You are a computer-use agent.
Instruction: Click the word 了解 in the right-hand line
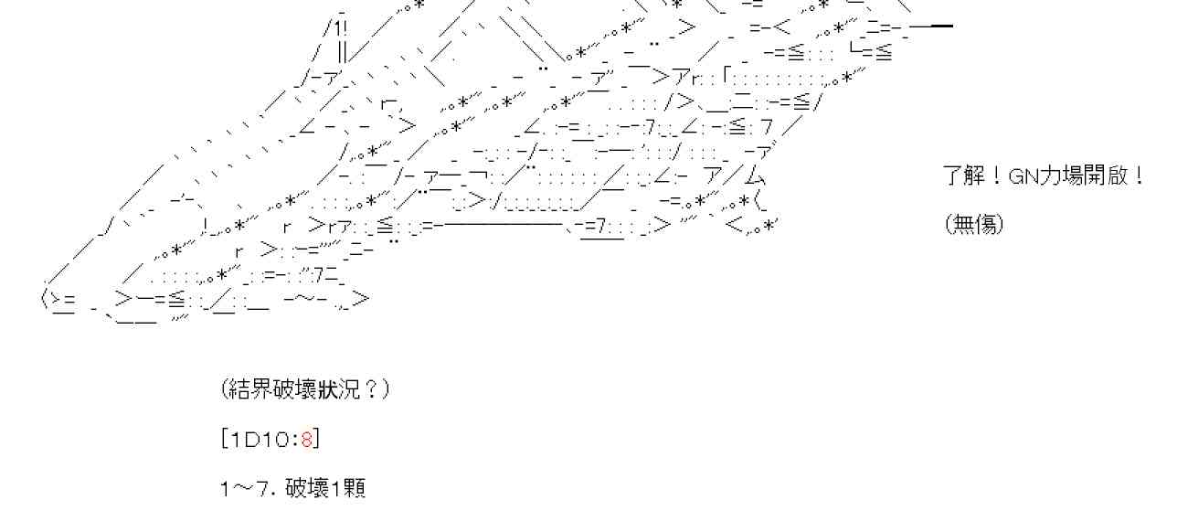[x=964, y=175]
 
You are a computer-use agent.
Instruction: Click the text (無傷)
[x=974, y=223]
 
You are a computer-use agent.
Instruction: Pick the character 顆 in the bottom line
[x=355, y=488]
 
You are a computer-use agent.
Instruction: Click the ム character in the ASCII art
[x=755, y=175]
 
